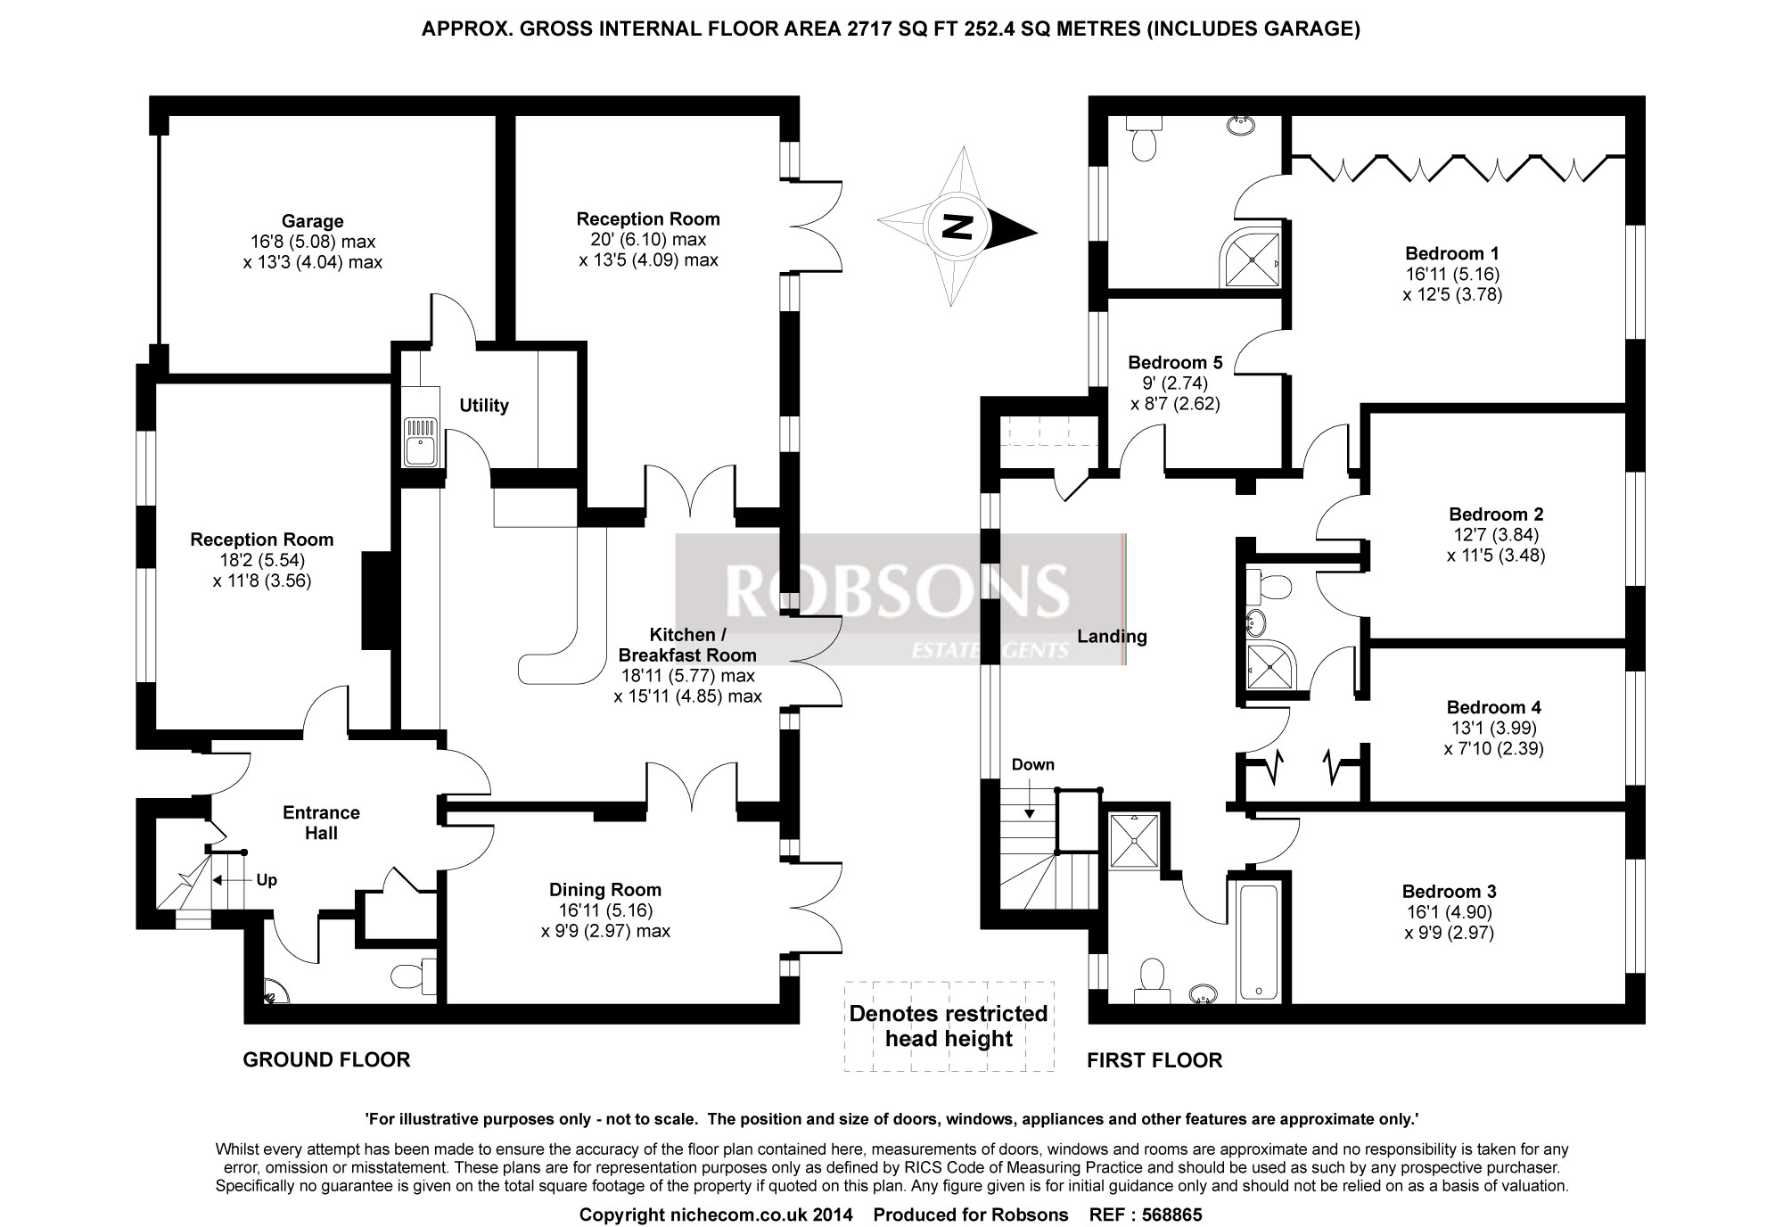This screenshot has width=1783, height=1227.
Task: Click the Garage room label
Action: coord(312,221)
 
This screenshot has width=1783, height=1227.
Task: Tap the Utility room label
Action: coord(484,406)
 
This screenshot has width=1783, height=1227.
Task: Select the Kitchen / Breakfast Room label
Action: coord(686,644)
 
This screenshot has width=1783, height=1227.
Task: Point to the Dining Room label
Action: coord(605,890)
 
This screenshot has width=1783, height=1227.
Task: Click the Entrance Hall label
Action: coord(321,822)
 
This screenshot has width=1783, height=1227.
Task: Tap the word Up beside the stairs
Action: coord(267,880)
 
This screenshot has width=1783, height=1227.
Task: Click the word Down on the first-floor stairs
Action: coord(1033,765)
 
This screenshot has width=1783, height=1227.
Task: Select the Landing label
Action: coord(1112,637)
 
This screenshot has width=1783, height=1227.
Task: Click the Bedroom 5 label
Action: coord(1175,363)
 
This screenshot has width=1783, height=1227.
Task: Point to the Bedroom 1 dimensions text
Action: coord(1452,284)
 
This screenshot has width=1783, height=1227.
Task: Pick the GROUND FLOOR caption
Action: coord(326,1059)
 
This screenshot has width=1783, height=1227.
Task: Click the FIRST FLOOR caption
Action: coord(1154,1060)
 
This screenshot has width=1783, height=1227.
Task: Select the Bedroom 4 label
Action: coord(1493,708)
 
